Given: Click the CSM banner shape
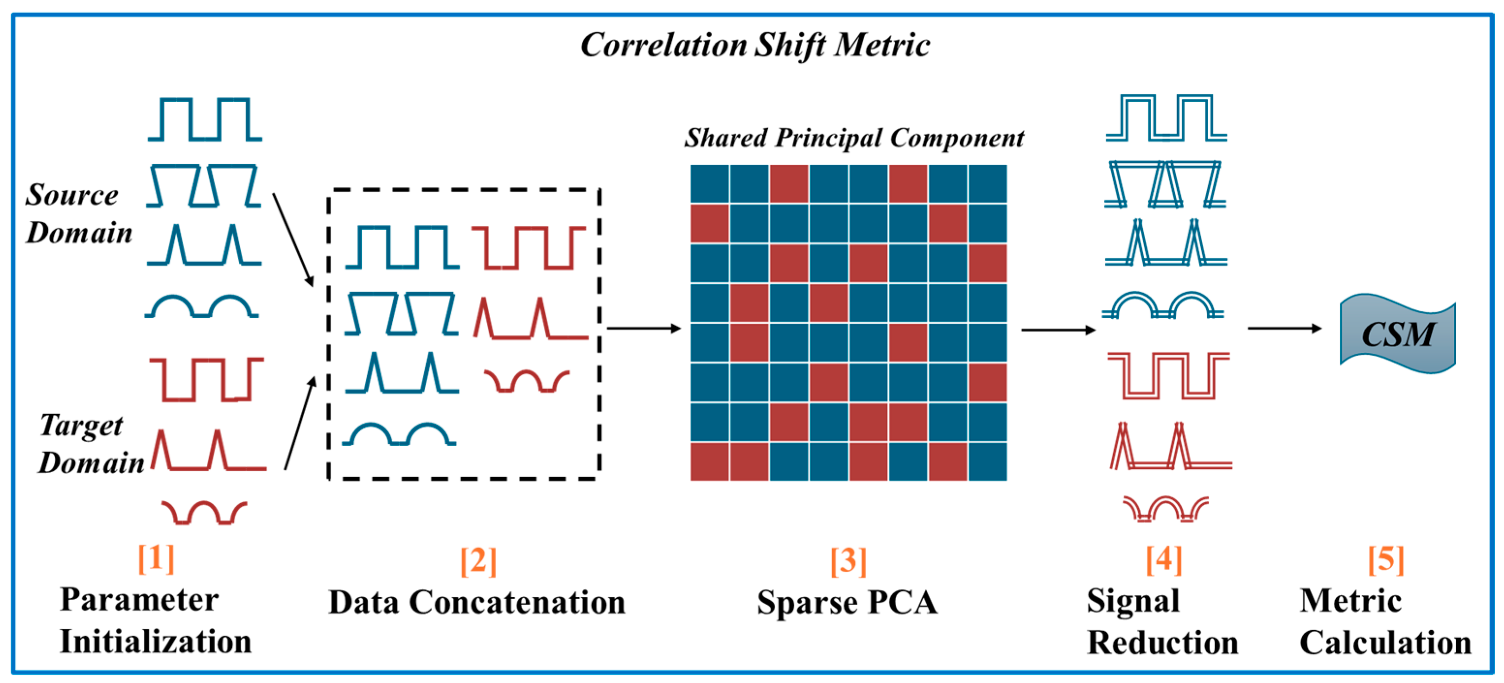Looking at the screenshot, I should pyautogui.click(x=1396, y=333).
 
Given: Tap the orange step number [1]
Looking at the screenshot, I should pyautogui.click(x=156, y=558).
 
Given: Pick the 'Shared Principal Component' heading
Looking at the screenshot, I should pyautogui.click(x=853, y=138).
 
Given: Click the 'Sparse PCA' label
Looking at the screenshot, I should pyautogui.click(x=847, y=603).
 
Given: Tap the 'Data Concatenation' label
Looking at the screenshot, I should pyautogui.click(x=477, y=603).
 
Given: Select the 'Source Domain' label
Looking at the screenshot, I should pyautogui.click(x=78, y=213).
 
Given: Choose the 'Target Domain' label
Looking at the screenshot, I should pyautogui.click(x=91, y=444).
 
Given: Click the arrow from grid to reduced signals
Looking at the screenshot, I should pyautogui.click(x=1057, y=330).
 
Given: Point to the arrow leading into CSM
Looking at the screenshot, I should pyautogui.click(x=1284, y=328).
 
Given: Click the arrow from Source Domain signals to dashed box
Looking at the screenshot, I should pyautogui.click(x=293, y=239).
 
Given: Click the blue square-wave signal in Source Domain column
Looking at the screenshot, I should pyautogui.click(x=204, y=120).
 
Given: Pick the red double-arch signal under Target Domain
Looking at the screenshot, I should pyautogui.click(x=204, y=512).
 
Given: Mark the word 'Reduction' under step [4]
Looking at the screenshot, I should pyautogui.click(x=1162, y=643).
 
